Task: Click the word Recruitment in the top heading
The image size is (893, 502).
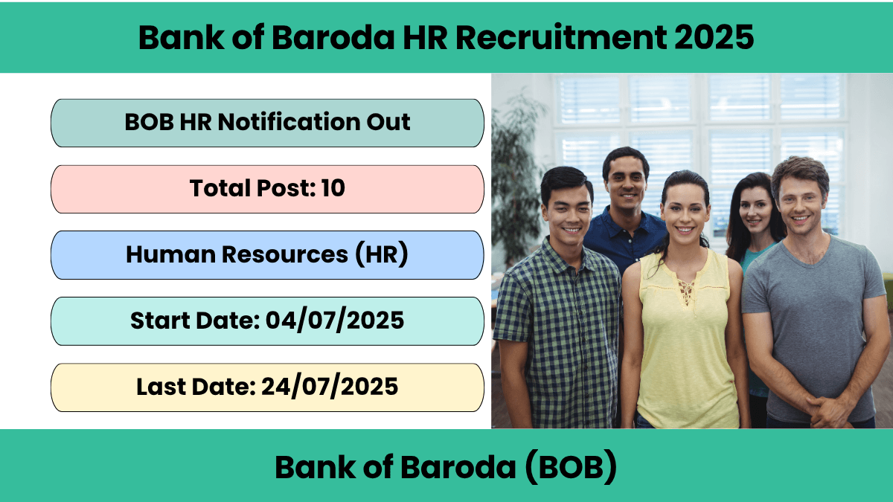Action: coord(562,37)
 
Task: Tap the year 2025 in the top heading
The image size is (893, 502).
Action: coord(714,37)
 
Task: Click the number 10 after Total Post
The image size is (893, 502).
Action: coord(333,187)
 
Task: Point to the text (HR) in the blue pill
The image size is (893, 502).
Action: coord(382,254)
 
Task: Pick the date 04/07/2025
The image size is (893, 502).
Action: coord(335,321)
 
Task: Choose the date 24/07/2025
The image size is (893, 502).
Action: coord(330,387)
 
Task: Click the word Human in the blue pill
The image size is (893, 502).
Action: coord(170,254)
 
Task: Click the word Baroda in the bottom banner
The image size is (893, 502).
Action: coord(458,467)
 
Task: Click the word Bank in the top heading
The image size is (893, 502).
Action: coord(182,37)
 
